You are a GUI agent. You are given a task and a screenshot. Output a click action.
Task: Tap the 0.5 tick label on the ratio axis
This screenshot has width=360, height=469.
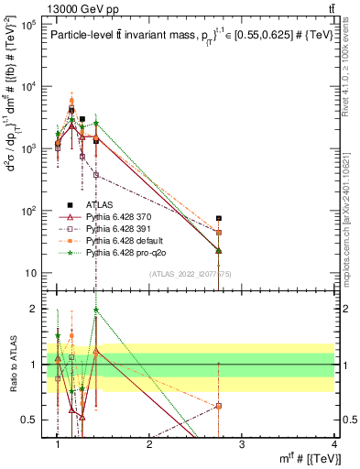pos(31,420)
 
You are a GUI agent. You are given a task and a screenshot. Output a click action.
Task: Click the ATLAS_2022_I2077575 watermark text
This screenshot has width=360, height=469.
pos(190,274)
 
